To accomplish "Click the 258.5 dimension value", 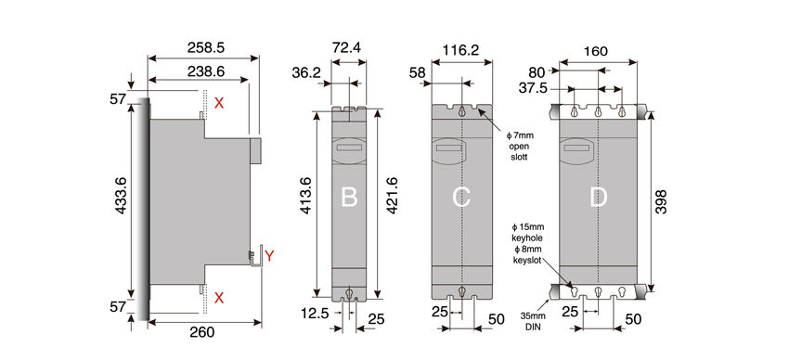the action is point(205,47).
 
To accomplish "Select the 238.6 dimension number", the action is point(205,71).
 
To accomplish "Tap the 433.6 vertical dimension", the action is point(122,196).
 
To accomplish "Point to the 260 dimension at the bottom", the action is point(203,332).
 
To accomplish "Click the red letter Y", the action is point(269,256).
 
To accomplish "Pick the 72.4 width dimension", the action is point(348,47).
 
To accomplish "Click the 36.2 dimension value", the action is point(306,73).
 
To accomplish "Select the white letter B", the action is point(349,197).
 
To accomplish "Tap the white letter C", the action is point(461,197).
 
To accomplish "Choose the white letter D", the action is point(599,197).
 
